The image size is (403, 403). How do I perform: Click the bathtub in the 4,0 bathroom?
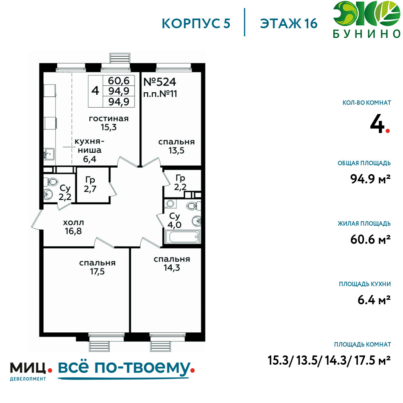point(183,237)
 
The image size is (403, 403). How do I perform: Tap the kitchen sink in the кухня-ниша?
point(49,154)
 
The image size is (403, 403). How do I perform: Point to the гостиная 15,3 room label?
point(108,123)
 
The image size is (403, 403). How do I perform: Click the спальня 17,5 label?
point(97,267)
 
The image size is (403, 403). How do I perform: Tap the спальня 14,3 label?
point(172,264)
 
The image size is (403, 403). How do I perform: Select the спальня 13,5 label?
point(177,146)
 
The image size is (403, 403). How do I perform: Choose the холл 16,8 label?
point(73,226)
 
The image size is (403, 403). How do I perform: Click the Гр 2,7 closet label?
point(90,185)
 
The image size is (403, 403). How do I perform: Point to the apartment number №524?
point(160,82)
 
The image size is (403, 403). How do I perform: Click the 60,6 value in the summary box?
point(118,81)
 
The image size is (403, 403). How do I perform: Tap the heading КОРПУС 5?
point(196,23)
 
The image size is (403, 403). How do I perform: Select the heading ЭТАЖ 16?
point(289,23)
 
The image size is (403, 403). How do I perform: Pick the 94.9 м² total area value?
point(370,179)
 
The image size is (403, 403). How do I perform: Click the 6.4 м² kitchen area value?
point(374,300)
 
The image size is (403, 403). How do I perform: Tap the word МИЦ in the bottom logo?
point(28,368)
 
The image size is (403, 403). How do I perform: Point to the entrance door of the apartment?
point(37,219)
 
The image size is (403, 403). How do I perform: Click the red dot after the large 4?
point(388,131)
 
